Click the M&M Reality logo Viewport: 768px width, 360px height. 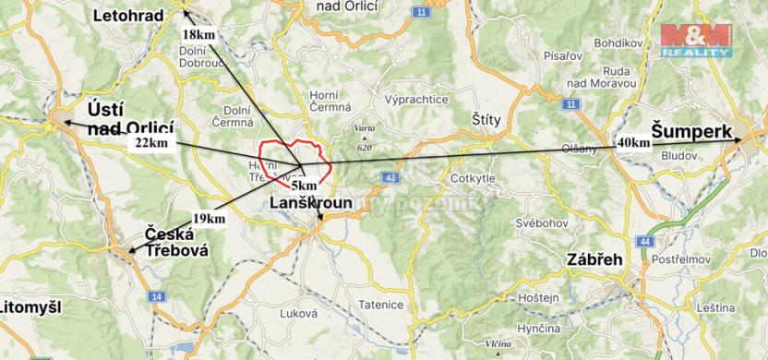pos(695,41)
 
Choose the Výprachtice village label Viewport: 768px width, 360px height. pos(416,100)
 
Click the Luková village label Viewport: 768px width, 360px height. pos(312,313)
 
